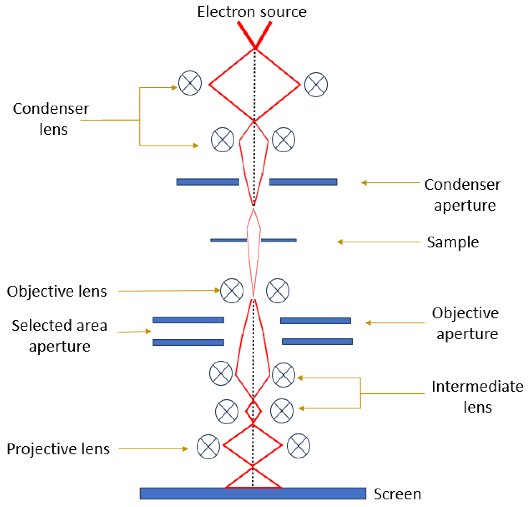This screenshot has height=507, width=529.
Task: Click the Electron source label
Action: pos(252,12)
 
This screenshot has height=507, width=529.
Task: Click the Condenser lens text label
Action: pos(51,119)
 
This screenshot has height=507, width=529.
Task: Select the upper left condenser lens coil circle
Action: pos(190,83)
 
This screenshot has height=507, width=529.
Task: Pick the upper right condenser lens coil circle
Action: pos(316,85)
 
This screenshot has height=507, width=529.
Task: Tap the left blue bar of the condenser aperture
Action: pos(207,182)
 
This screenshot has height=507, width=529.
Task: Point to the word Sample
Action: pos(453,242)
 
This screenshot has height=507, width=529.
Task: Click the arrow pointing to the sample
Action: pos(378,242)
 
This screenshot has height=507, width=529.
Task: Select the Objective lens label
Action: pos(57,291)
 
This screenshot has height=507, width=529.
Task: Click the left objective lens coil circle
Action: pos(232,291)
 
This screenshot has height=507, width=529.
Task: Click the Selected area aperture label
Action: pos(60,336)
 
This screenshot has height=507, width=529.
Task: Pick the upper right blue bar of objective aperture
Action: pos(316,321)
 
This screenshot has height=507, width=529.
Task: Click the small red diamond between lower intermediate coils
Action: pos(253,412)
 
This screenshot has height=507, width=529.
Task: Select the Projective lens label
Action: pos(58,449)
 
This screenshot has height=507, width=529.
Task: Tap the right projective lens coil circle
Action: pos(298,446)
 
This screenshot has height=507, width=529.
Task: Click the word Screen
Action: pos(397,494)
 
